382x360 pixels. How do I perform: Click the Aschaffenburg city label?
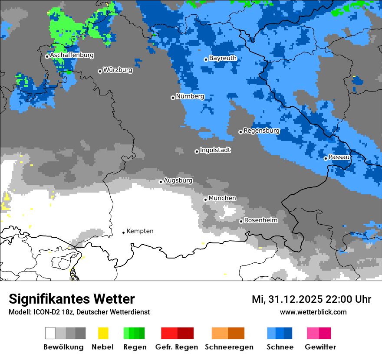(72, 56)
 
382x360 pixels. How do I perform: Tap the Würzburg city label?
(118, 70)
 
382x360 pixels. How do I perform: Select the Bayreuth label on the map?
(223, 58)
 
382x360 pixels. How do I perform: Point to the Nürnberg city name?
(190, 96)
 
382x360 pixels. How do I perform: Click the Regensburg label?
(261, 131)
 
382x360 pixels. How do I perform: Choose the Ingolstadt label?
(215, 150)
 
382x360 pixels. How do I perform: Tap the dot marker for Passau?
(326, 158)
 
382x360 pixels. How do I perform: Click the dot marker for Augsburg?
(161, 182)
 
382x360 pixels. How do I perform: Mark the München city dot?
(205, 200)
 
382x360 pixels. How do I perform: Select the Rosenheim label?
(260, 220)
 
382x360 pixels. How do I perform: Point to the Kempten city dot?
(123, 232)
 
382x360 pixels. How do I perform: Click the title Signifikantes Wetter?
(72, 299)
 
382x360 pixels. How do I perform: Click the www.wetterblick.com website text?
(313, 312)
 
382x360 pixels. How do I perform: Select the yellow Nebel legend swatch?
(103, 333)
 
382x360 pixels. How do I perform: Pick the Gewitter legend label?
(320, 347)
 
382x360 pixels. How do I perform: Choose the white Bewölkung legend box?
(50, 333)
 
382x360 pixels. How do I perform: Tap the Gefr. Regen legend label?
(177, 347)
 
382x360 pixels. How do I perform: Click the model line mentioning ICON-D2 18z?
(79, 312)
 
